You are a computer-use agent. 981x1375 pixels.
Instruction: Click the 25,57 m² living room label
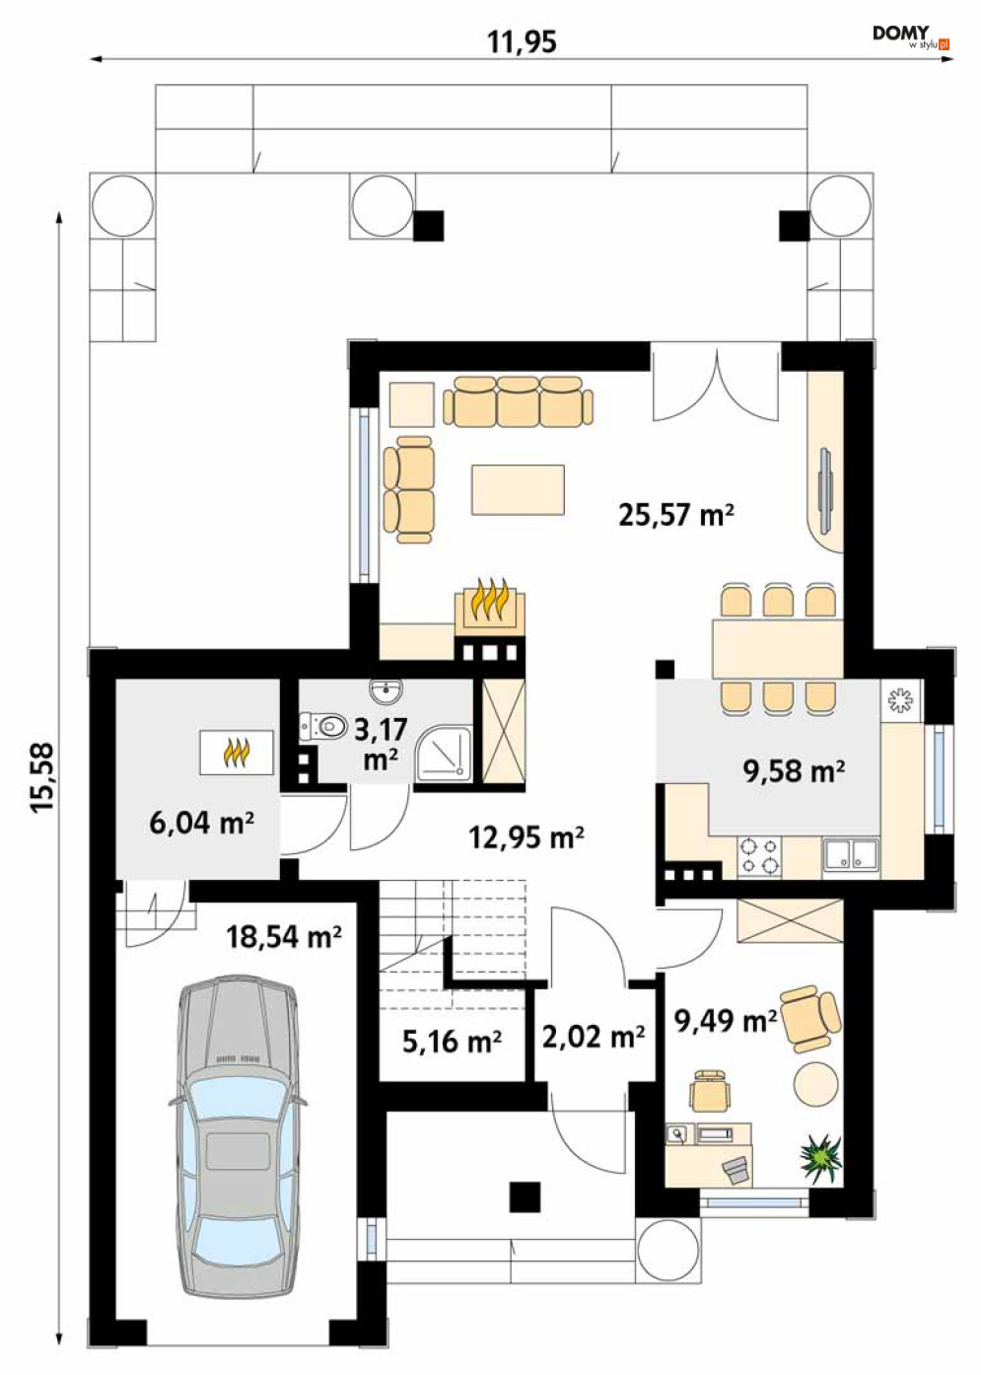[x=676, y=515]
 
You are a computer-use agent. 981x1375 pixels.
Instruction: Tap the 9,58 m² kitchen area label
[x=794, y=771]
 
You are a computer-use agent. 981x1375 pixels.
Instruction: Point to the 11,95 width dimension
[x=523, y=42]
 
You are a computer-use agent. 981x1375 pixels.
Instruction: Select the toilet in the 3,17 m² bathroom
[x=324, y=727]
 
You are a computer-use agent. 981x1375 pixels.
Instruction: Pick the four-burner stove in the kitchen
[x=759, y=857]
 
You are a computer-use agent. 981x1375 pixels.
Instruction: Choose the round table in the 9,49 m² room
[x=815, y=1085]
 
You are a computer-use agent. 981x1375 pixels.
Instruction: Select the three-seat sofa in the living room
[x=518, y=401]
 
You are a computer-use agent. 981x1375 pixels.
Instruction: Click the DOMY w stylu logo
[x=910, y=36]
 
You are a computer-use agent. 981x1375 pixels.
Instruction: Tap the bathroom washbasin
[x=385, y=691]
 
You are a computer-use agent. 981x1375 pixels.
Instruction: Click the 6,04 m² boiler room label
[x=202, y=824]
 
